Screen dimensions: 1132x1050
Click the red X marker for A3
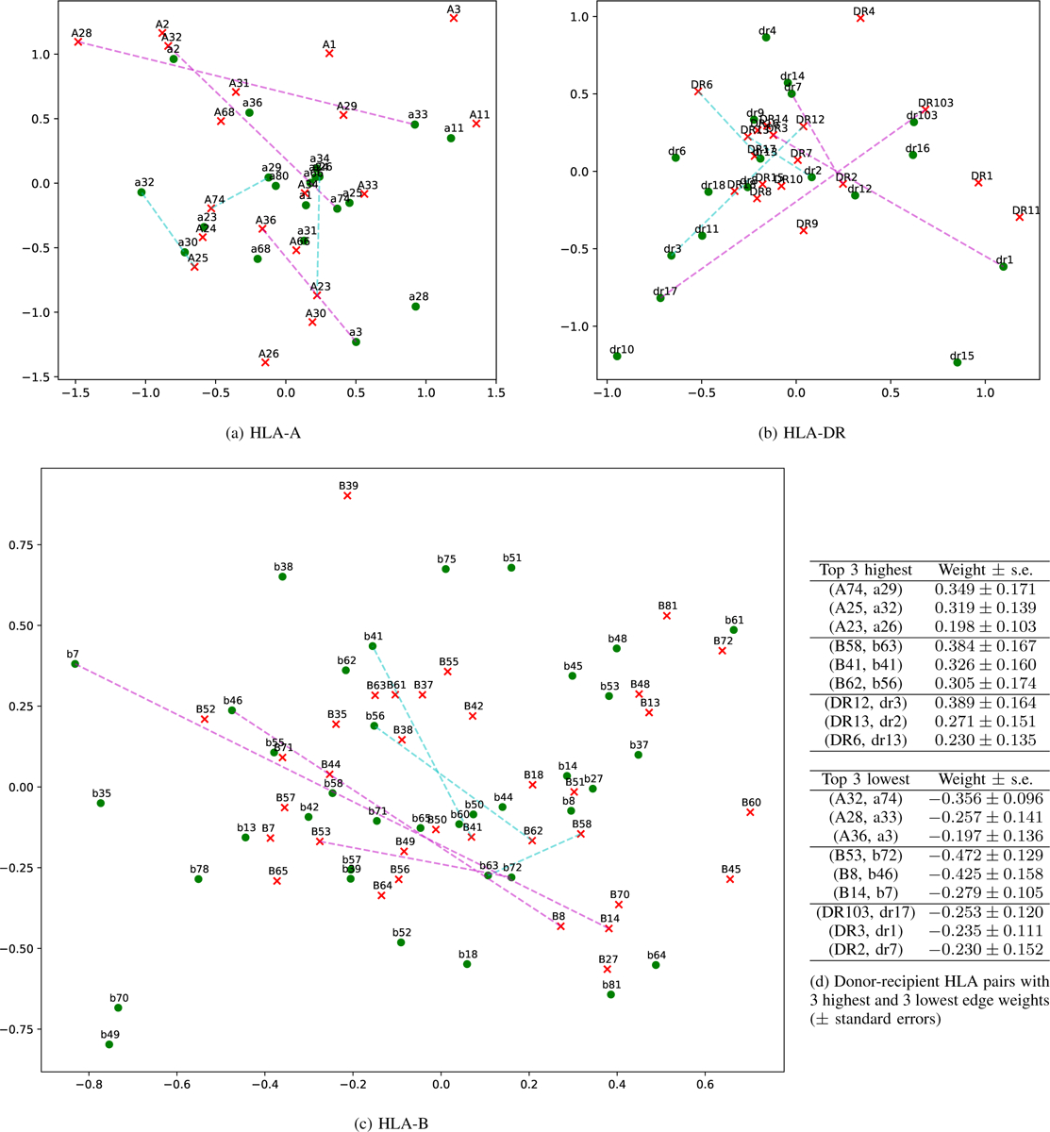coord(454,18)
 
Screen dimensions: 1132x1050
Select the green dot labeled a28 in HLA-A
coord(415,307)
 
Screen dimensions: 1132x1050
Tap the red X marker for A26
coord(265,362)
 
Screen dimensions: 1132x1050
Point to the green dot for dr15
coord(958,362)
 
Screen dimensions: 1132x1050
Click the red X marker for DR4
coord(860,18)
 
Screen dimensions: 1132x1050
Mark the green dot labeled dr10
coord(617,357)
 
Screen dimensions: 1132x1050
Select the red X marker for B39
coord(347,495)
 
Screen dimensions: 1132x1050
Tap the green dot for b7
coord(75,664)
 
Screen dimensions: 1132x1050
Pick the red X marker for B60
coord(750,812)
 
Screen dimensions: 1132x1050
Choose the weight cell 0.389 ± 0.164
coord(984,704)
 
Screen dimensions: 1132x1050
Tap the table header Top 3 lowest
coord(866,780)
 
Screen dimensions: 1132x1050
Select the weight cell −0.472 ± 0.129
coord(984,856)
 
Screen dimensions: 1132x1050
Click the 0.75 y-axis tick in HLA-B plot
coord(20,544)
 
